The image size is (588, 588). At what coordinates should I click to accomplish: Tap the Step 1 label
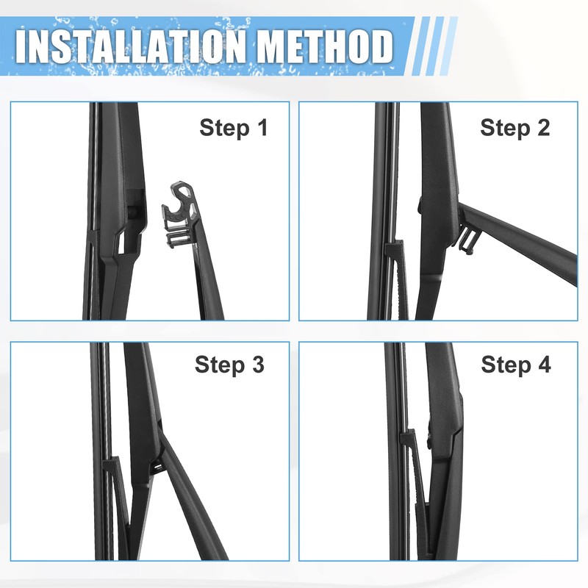234,128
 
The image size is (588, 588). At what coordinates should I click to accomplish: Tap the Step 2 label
515,128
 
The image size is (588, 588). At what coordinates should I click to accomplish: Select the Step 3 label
229,365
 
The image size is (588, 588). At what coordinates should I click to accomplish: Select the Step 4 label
516,365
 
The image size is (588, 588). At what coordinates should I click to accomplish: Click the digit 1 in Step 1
262,127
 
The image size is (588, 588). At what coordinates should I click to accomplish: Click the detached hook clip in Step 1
180,215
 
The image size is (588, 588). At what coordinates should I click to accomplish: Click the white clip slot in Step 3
158,467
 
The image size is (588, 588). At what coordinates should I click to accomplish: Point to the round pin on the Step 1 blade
133,212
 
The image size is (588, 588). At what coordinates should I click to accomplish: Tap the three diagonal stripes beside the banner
435,46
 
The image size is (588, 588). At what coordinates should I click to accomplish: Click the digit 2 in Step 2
543,127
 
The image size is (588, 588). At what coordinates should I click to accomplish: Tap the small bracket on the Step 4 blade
408,437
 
